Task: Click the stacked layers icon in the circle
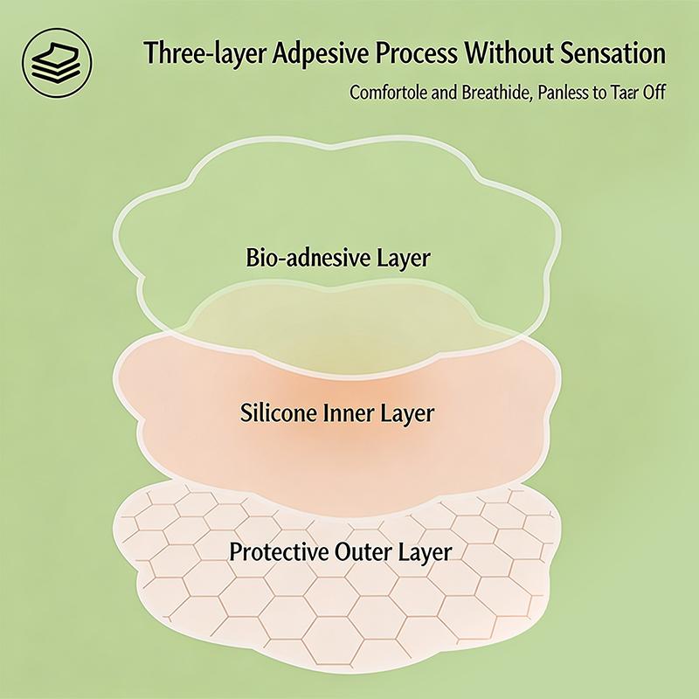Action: (x=57, y=63)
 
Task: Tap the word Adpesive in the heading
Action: (x=321, y=53)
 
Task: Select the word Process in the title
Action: (x=417, y=52)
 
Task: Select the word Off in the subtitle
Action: (x=654, y=93)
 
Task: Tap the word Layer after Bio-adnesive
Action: (x=404, y=259)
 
